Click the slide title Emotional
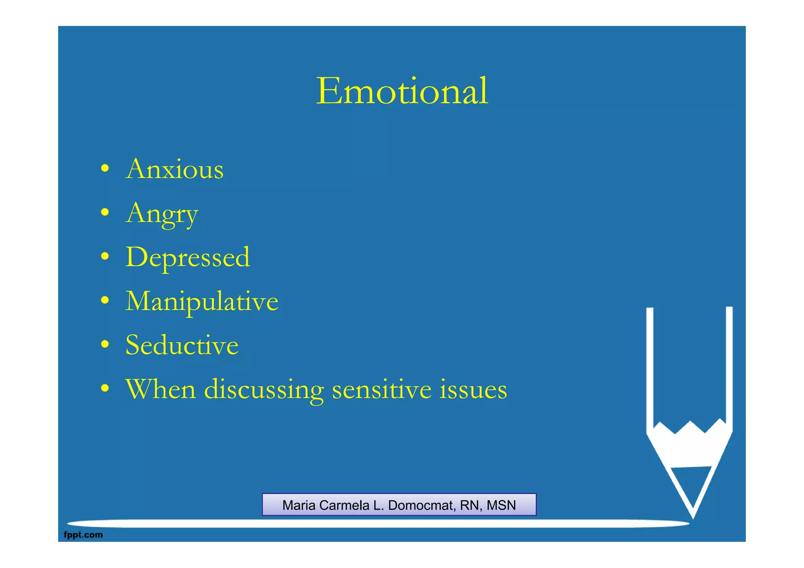tap(402, 91)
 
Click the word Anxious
tap(175, 170)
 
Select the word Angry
tap(162, 214)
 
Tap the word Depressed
tap(188, 258)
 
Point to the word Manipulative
tap(202, 302)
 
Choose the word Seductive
tap(182, 345)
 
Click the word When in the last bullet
tap(161, 389)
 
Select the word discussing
tap(264, 390)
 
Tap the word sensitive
tap(382, 389)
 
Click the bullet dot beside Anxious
tap(104, 169)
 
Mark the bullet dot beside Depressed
tap(104, 257)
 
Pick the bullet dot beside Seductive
tap(104, 345)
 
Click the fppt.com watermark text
tap(83, 535)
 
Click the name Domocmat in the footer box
tap(421, 505)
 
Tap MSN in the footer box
tap(501, 505)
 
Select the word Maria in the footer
tap(299, 505)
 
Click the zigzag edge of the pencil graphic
tap(690, 427)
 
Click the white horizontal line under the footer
tap(377, 523)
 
